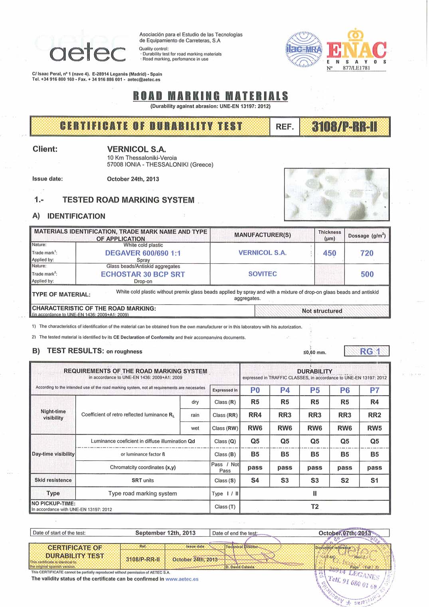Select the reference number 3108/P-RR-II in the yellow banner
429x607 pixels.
coord(344,127)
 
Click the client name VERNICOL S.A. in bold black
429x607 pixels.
coord(136,149)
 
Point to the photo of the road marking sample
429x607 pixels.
coord(336,195)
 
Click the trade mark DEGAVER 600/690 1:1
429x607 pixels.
coord(142,253)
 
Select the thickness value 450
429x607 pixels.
coord(329,253)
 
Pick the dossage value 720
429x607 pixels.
coord(367,253)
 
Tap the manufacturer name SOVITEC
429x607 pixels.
coord(262,274)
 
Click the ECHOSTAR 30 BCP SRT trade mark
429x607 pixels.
coord(142,274)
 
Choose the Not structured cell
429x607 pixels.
coord(322,311)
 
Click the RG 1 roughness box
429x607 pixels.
coord(367,351)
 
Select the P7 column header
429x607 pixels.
coord(374,390)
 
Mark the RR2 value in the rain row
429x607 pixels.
coord(374,415)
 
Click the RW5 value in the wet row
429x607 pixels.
coord(374,428)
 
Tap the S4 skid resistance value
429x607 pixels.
coord(255,480)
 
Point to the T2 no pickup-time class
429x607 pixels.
coord(314,506)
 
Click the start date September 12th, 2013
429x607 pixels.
coord(165,533)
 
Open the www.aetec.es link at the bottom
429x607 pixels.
coord(182,579)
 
